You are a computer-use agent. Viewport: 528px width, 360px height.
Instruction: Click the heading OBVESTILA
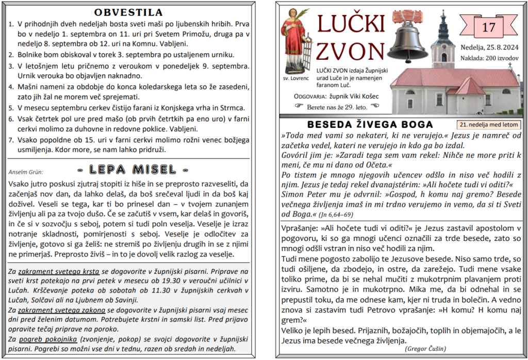[129, 12]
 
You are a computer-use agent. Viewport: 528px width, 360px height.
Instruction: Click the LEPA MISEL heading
[133, 169]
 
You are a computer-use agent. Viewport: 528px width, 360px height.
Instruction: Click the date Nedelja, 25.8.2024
[489, 48]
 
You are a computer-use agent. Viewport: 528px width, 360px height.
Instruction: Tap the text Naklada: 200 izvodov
[489, 58]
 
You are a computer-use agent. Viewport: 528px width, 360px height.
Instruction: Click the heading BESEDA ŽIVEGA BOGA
[370, 125]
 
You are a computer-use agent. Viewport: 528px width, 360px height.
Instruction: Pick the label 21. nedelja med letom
[488, 125]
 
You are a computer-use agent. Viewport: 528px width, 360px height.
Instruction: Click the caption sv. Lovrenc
[294, 79]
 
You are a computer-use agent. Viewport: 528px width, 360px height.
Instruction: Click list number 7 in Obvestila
[11, 140]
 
